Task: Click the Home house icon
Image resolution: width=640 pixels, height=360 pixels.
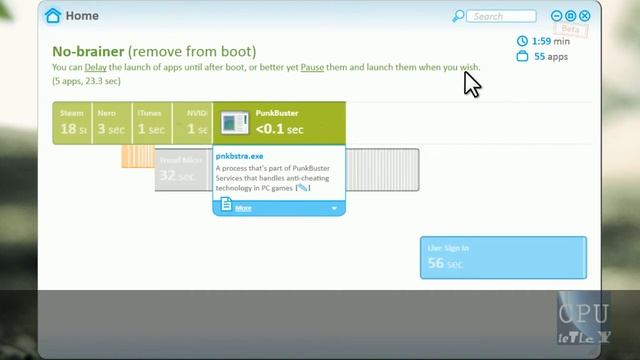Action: pyautogui.click(x=53, y=16)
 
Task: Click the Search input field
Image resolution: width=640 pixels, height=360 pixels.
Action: pyautogui.click(x=503, y=16)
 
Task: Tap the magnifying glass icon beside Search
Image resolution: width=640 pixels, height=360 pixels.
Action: pyautogui.click(x=458, y=16)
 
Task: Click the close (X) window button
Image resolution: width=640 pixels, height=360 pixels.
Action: pyautogui.click(x=585, y=16)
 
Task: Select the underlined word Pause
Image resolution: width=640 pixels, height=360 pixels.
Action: pyautogui.click(x=314, y=68)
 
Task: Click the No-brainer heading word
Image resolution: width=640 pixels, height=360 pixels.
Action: pyautogui.click(x=88, y=51)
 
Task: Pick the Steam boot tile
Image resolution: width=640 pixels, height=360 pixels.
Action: pyautogui.click(x=73, y=123)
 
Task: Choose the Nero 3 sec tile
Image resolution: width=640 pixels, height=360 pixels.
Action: pyautogui.click(x=109, y=123)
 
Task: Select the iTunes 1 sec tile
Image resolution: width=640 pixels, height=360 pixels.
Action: pyautogui.click(x=150, y=123)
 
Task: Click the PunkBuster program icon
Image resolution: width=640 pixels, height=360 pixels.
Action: pyautogui.click(x=234, y=124)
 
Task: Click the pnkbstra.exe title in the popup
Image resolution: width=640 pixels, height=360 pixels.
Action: pyautogui.click(x=240, y=157)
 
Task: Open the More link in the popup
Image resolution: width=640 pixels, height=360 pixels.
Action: pyautogui.click(x=244, y=208)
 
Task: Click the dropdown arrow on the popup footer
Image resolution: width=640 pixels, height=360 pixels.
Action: pyautogui.click(x=334, y=208)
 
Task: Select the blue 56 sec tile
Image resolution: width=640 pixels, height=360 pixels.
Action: pyautogui.click(x=502, y=258)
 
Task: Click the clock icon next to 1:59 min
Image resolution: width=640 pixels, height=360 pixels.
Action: pyautogui.click(x=522, y=41)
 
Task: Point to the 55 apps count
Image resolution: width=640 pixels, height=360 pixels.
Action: pyautogui.click(x=551, y=57)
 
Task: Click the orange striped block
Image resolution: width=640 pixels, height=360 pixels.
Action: pyautogui.click(x=137, y=156)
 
